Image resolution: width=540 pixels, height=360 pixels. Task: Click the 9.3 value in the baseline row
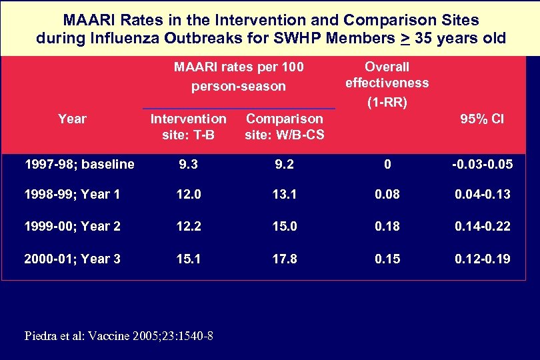click(x=189, y=164)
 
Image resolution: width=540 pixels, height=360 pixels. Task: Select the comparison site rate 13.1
click(x=284, y=195)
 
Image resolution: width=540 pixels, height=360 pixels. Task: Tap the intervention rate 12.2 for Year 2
click(x=189, y=227)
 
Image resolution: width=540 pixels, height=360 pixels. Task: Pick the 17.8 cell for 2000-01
click(x=284, y=258)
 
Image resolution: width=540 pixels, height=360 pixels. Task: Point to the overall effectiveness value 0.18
click(x=387, y=227)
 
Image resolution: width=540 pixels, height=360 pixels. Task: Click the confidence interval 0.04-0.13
click(x=482, y=195)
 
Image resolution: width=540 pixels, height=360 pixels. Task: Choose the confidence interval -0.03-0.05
click(x=482, y=164)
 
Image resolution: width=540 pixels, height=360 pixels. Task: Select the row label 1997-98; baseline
click(x=79, y=164)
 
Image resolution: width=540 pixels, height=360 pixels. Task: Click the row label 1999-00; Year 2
click(x=73, y=227)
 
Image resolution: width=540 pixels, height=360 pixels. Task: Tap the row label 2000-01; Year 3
click(x=73, y=258)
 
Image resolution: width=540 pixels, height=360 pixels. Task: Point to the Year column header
click(x=72, y=119)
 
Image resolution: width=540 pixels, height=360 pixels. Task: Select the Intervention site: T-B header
click(x=189, y=126)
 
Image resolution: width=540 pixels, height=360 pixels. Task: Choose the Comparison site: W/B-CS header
click(x=284, y=126)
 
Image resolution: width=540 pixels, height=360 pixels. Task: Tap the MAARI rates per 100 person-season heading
click(x=239, y=76)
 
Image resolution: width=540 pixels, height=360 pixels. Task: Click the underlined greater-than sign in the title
click(x=404, y=38)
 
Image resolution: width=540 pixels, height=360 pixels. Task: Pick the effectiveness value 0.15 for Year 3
click(x=387, y=258)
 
